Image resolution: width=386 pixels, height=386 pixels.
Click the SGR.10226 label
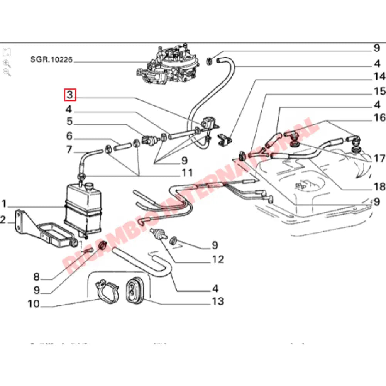point(51,60)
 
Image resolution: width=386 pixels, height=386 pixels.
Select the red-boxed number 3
point(70,95)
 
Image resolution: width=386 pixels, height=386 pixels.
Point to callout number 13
point(217,301)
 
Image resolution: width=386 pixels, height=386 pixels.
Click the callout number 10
point(34,304)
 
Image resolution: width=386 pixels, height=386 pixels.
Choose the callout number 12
point(217,259)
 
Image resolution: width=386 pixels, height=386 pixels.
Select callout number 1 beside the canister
point(4,203)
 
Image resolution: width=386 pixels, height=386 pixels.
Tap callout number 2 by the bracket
point(3,220)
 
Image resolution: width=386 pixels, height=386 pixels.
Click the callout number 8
point(36,277)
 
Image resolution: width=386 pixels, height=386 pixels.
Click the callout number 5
point(69,122)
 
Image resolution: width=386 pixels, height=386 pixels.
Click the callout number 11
point(187,173)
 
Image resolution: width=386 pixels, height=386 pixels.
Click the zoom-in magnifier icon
point(7,63)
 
